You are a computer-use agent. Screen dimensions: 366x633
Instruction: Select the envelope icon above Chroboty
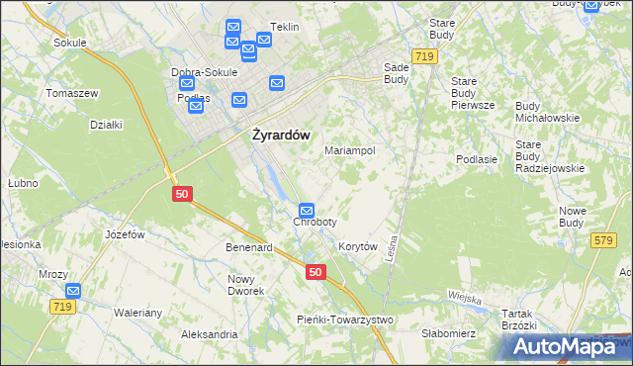click(x=307, y=211)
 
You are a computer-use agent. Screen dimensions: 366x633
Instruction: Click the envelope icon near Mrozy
click(x=73, y=291)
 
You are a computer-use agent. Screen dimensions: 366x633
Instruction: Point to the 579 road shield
click(x=603, y=240)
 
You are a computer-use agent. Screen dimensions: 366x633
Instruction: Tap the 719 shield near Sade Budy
click(x=425, y=57)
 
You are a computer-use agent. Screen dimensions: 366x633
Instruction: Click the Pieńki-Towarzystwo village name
click(x=345, y=320)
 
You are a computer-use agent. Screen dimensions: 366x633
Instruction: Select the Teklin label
click(x=284, y=28)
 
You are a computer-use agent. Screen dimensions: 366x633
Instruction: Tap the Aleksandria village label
click(x=209, y=334)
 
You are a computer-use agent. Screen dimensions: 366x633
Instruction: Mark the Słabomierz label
click(x=448, y=333)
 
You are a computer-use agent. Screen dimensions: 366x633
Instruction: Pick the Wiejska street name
click(x=464, y=298)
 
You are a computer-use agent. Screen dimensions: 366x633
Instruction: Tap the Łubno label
click(x=23, y=183)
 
